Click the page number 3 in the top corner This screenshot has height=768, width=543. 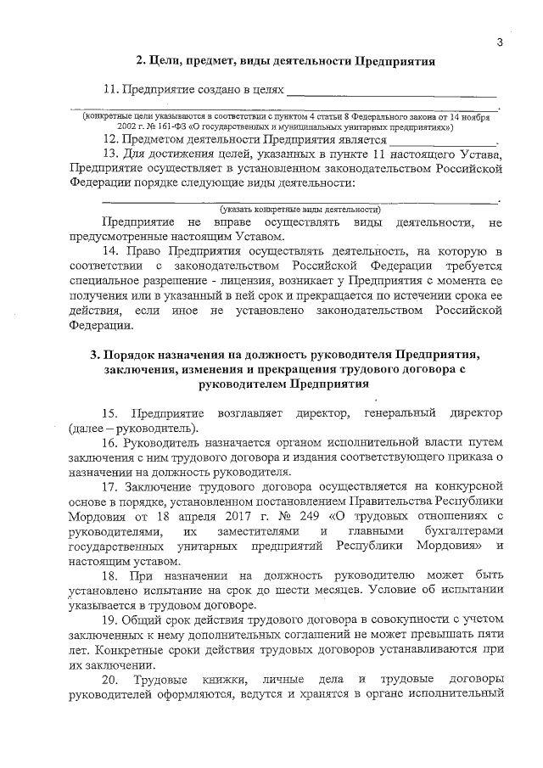pos(500,43)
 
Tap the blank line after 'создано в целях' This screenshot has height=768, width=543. pos(390,89)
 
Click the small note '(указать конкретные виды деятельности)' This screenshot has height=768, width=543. pos(299,209)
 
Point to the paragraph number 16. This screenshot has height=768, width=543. pos(109,443)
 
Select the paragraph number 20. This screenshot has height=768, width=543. pos(109,682)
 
